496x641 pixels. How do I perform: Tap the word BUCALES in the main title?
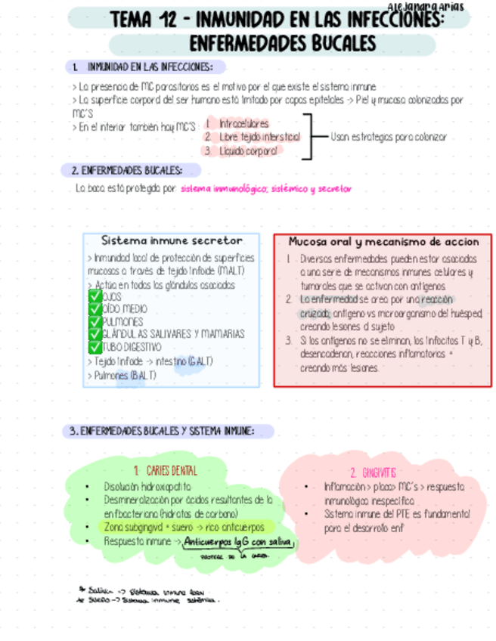335,42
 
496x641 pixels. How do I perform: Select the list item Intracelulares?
243,122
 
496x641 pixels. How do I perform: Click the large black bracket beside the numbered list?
308,137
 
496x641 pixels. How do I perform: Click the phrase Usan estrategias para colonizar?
389,137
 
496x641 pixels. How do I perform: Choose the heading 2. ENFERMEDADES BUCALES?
130,170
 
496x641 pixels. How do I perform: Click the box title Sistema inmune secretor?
172,240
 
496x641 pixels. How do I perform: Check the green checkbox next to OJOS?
95,297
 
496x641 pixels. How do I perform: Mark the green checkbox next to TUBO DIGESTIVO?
95,347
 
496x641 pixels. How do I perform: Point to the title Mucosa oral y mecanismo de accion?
383,242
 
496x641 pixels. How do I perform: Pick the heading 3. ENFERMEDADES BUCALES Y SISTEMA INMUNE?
161,431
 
